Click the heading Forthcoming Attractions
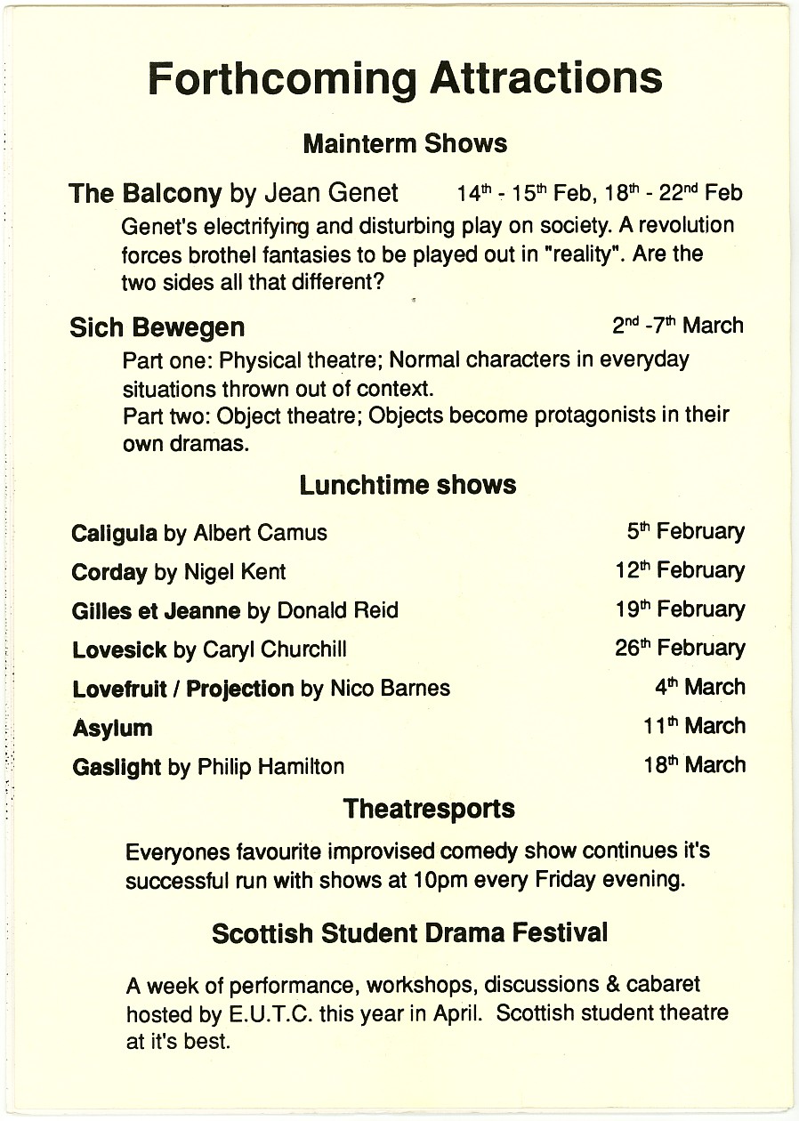tap(405, 78)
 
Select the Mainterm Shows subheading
tap(405, 143)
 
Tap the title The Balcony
tap(145, 193)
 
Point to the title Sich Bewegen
tap(157, 327)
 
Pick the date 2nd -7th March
tap(677, 326)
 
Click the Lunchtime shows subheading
tap(408, 485)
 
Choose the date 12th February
tap(680, 570)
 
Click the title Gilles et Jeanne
tap(156, 610)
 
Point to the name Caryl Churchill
tap(274, 649)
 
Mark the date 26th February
tap(680, 648)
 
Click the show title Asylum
tap(112, 728)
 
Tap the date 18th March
tap(695, 764)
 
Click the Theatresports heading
tap(429, 809)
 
